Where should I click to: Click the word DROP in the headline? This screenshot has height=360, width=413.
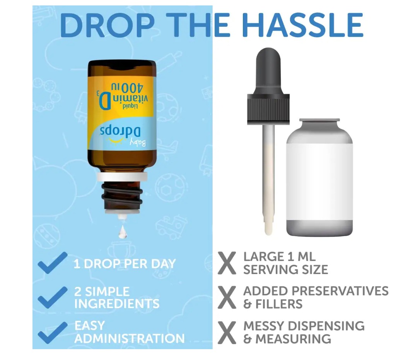tap(107, 25)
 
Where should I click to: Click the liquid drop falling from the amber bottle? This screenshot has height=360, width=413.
tap(123, 232)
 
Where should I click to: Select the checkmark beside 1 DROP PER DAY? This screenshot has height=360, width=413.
tap(53, 263)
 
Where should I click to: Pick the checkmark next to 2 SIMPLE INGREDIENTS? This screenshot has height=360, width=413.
tap(53, 297)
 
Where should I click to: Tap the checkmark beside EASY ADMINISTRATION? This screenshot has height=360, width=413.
tap(53, 333)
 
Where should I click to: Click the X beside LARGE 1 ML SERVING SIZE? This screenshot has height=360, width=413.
tap(227, 263)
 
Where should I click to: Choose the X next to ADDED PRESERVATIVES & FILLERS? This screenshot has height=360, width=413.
tap(227, 298)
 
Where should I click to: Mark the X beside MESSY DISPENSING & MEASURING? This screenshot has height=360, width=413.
tap(227, 333)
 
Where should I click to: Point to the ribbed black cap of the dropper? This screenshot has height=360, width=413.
tap(268, 109)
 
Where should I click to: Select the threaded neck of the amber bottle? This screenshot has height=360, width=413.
tap(122, 195)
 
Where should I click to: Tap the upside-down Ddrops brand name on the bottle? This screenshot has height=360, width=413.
tap(120, 132)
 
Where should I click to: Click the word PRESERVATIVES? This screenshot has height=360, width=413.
tap(340, 291)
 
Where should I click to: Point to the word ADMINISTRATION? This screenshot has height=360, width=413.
tap(130, 338)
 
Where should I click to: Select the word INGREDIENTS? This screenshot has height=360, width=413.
tap(117, 303)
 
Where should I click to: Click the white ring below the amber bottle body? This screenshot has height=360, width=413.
tap(122, 177)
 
